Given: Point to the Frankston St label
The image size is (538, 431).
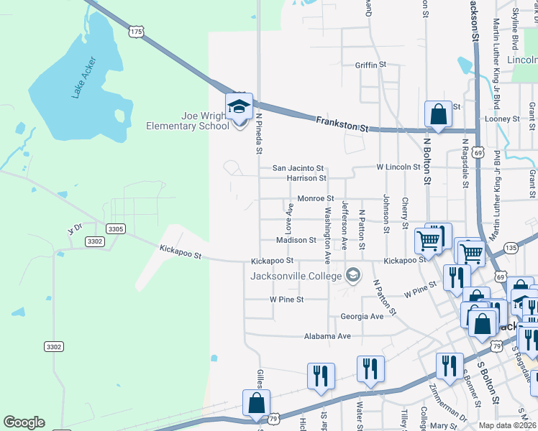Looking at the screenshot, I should [342, 124].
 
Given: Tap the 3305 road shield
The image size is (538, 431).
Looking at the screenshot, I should [116, 228].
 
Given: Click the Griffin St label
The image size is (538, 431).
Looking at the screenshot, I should [370, 65].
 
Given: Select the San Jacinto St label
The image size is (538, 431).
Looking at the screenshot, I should [298, 168].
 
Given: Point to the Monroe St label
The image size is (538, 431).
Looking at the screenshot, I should [315, 198].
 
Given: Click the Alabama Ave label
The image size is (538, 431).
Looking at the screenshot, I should [327, 335].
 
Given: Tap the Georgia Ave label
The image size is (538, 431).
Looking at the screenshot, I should [362, 316].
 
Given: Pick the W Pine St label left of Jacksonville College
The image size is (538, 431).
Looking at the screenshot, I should [286, 299].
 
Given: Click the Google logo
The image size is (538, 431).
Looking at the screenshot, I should [24, 422].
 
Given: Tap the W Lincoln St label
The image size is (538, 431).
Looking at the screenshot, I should [398, 167].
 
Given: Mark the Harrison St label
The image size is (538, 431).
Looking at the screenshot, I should [306, 177].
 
